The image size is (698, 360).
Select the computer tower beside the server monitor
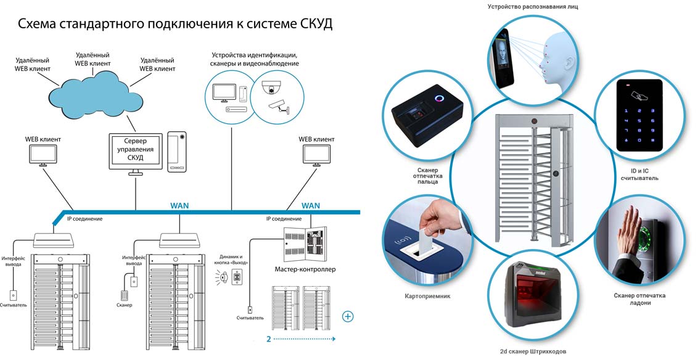click(178, 152)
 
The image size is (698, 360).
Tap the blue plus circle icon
click(348, 317)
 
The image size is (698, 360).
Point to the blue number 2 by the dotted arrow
click(269, 338)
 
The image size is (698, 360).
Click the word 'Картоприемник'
click(427, 296)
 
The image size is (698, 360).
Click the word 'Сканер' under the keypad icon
click(125, 305)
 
